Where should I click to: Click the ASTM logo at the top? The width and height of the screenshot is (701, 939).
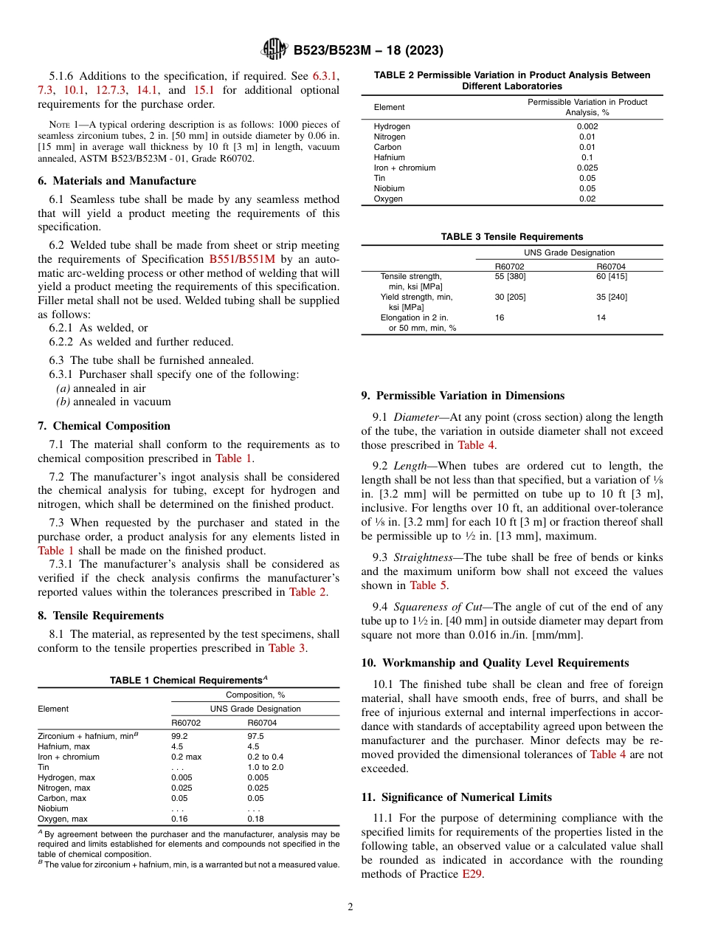click(x=274, y=50)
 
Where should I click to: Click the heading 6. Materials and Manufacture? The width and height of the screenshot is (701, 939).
click(x=117, y=181)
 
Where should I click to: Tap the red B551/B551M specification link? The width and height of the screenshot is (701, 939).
click(x=237, y=259)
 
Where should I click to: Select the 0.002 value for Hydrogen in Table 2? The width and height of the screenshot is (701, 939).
click(x=587, y=126)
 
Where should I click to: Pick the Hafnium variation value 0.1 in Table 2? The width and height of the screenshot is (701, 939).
click(x=587, y=157)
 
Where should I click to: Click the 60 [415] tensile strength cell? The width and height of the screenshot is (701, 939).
click(x=612, y=276)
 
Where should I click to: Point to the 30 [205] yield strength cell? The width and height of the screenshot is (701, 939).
click(x=510, y=297)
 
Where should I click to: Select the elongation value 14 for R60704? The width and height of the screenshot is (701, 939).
click(x=601, y=317)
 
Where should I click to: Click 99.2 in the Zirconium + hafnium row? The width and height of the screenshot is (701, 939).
click(x=179, y=736)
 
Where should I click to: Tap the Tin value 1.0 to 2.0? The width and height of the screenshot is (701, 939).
click(x=265, y=767)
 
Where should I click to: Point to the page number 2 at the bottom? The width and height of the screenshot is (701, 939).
click(x=350, y=907)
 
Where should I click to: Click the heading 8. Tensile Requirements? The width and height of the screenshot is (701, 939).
click(x=100, y=616)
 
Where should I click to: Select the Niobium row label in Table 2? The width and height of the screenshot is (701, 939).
click(x=389, y=188)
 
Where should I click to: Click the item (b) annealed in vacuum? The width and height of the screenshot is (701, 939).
click(x=114, y=402)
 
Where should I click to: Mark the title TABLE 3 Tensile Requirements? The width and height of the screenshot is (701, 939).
click(x=511, y=237)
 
